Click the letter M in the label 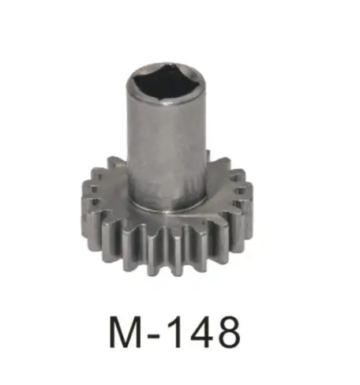pos(125,333)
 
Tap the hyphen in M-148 pos(156,336)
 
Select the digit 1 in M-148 pos(178,333)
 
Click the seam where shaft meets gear pos(167,210)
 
